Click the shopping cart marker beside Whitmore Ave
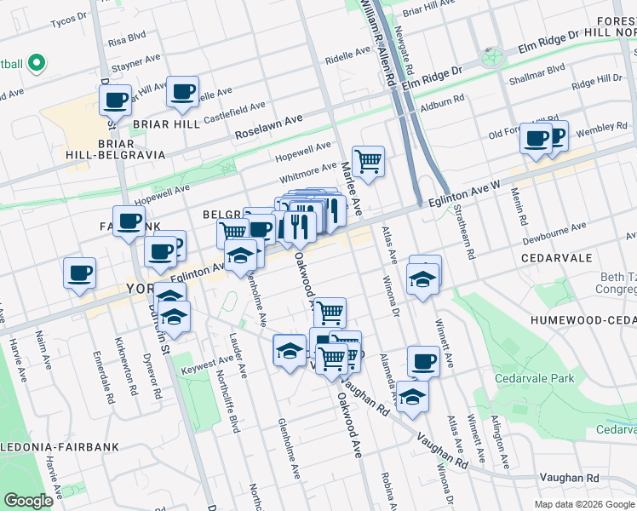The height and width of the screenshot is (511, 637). [x=368, y=160]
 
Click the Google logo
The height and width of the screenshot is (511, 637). [x=29, y=501]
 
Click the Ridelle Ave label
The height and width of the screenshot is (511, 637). [x=347, y=56]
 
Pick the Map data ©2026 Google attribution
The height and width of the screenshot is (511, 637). [x=583, y=504]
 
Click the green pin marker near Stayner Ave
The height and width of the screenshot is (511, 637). [x=36, y=63]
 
